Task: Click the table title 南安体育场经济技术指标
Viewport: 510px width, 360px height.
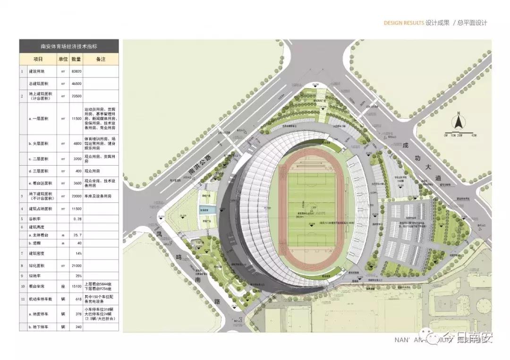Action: pos(68,46)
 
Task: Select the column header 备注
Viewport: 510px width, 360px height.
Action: pos(101,59)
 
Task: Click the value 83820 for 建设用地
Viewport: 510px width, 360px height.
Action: pos(76,71)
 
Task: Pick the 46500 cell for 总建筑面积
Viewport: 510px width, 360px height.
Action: pos(76,84)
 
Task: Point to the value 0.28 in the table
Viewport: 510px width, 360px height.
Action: pos(77,219)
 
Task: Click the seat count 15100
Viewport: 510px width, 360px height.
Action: pos(76,286)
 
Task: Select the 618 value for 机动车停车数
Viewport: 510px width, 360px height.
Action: pos(76,298)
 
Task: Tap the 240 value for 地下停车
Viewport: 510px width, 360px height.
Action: pos(76,327)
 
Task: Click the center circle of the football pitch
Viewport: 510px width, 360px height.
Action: pos(312,207)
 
